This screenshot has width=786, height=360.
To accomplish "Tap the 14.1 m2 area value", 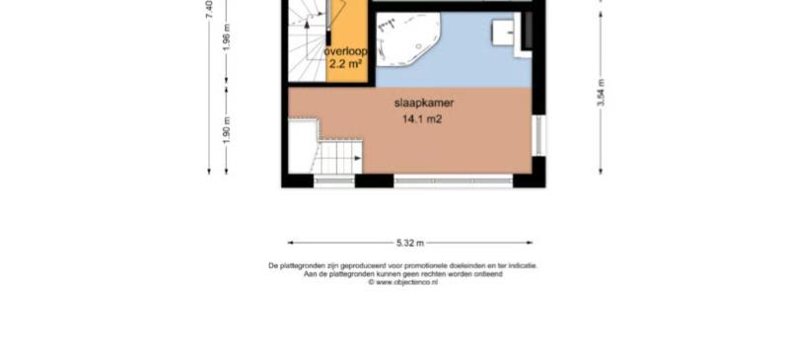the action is point(421,119).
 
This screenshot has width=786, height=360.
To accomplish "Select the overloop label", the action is point(346,51).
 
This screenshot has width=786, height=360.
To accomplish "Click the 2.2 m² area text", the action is point(346,64).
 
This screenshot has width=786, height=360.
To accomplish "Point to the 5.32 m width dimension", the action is point(410,244).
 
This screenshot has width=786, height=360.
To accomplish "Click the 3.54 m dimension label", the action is point(601,93).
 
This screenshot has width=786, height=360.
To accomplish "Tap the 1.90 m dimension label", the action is point(227,130).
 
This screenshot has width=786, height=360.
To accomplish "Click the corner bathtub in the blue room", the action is point(407,39).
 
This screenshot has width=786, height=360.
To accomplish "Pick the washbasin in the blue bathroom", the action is point(503,34).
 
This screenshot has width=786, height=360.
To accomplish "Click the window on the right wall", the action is point(538,135).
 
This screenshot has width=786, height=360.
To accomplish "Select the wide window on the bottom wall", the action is point(453,180).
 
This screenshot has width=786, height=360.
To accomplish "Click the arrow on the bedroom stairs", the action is point(357,158).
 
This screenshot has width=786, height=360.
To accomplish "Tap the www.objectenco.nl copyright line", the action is point(403,282).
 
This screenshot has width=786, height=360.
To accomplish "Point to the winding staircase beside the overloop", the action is point(307,40).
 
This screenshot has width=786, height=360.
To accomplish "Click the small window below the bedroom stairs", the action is point(334,180).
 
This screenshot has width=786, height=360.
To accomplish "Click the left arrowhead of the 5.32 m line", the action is point(290,244).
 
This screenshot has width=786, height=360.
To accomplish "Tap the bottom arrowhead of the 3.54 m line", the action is point(601,172).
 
